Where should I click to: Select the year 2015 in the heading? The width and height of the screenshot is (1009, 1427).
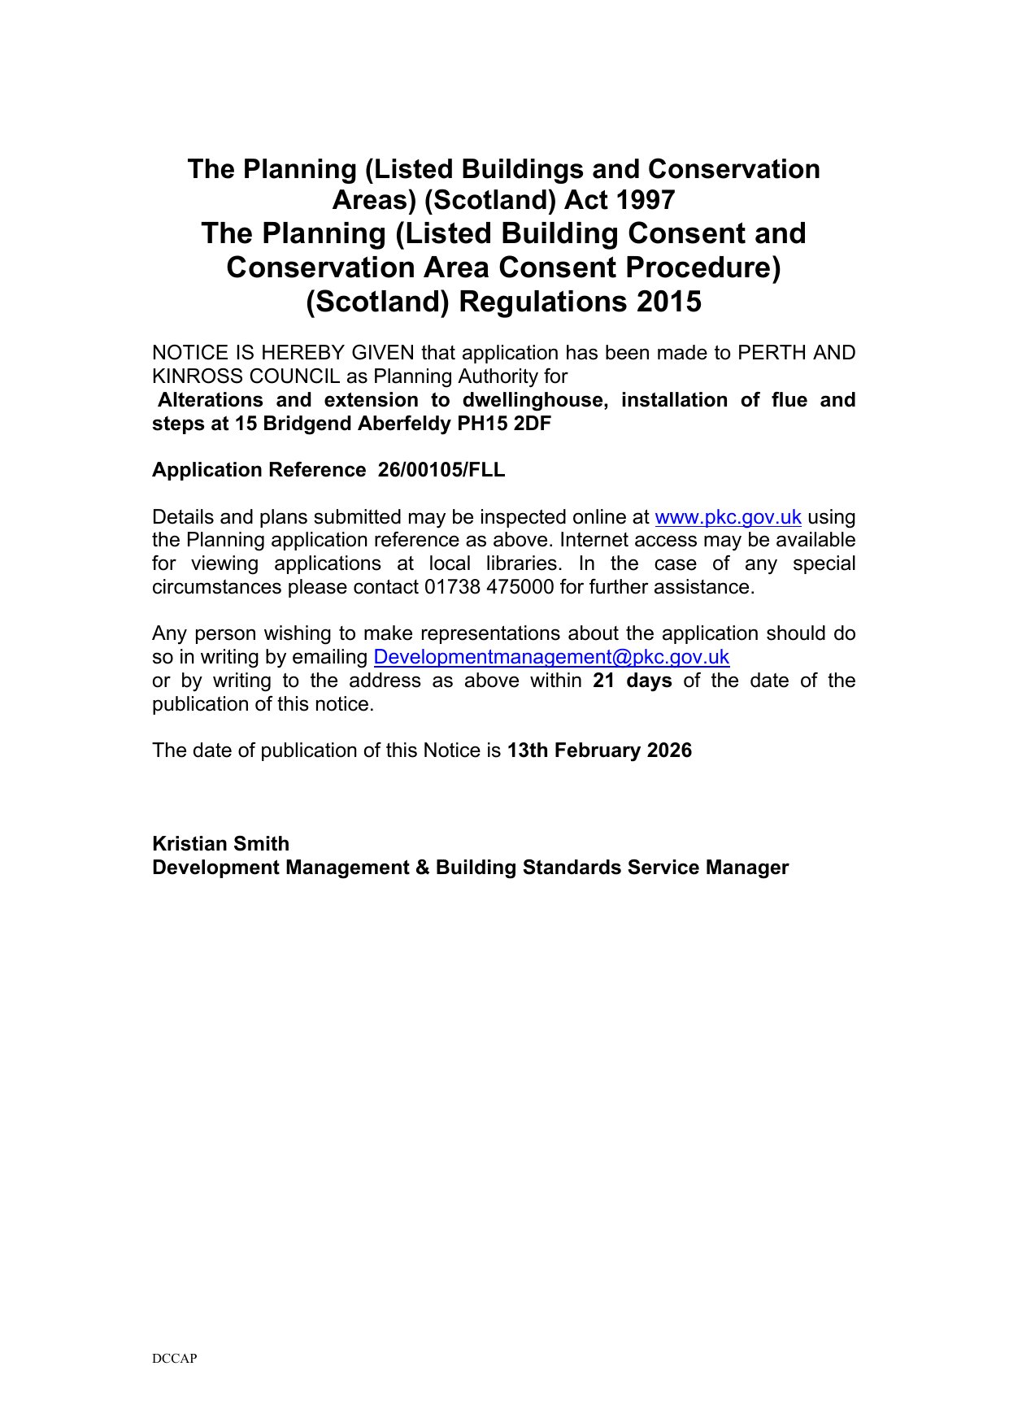pos(669,302)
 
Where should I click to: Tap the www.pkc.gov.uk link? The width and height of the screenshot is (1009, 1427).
pos(728,517)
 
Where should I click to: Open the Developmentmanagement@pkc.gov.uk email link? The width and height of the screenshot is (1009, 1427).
pos(551,657)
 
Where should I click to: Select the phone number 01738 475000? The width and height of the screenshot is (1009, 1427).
pos(489,587)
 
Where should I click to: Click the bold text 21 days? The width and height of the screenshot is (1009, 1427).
pos(633,681)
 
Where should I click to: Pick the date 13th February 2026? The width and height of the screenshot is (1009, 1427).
pos(599,750)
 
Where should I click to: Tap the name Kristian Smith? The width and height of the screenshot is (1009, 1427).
pos(220,844)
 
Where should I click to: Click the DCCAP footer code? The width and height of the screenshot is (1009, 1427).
pos(174,1358)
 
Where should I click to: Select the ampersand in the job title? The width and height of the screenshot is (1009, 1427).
pos(423,868)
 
